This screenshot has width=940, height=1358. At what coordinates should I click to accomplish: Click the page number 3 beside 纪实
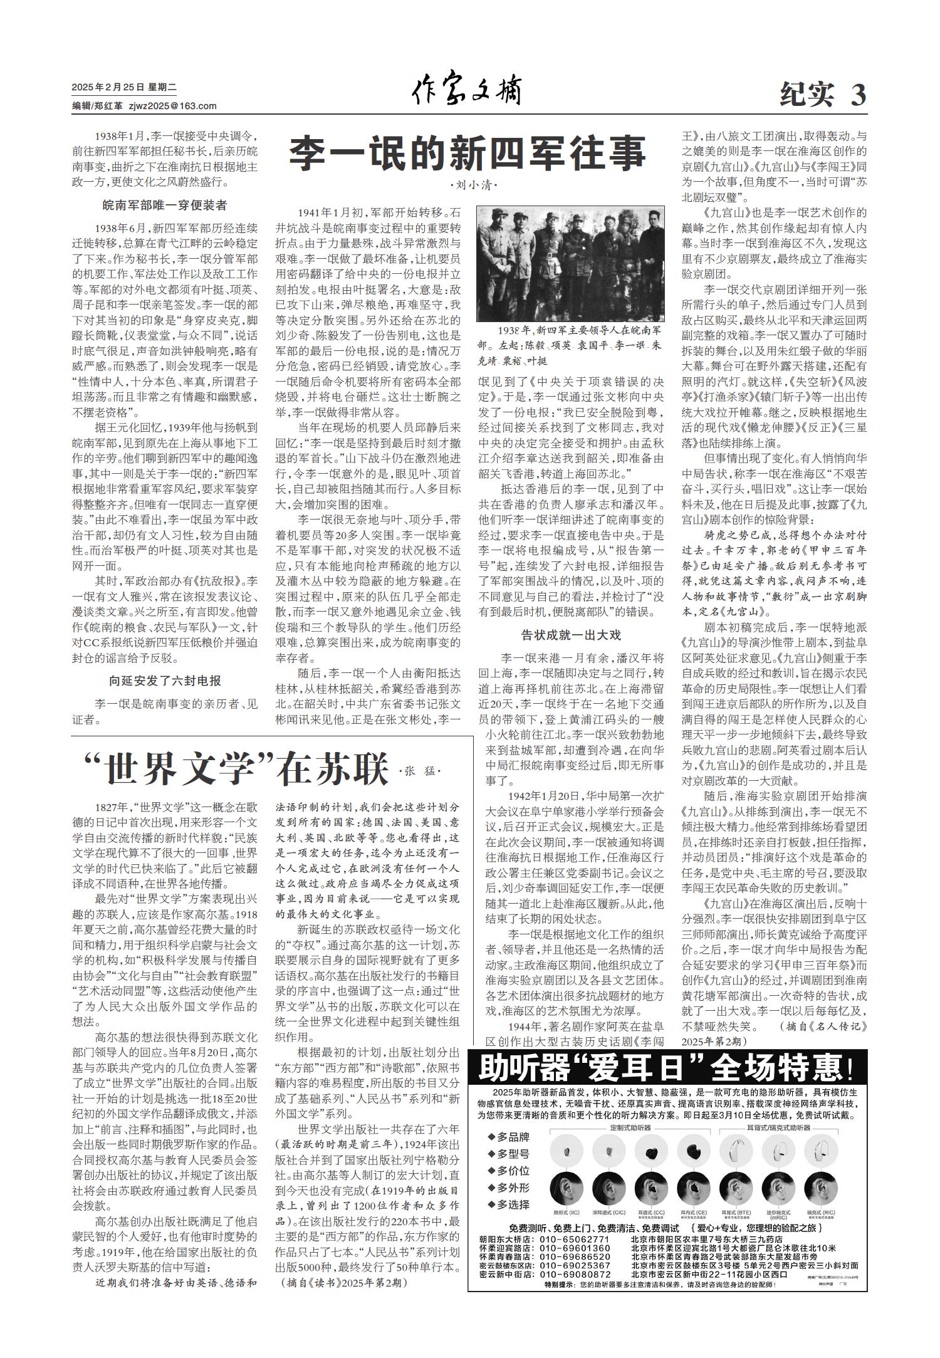[858, 95]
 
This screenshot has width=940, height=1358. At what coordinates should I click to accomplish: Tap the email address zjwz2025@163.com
[172, 107]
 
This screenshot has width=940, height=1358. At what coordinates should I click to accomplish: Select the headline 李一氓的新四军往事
[466, 154]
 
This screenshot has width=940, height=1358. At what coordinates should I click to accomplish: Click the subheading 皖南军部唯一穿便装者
[164, 205]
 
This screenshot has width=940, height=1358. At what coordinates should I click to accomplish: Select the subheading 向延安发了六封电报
[164, 681]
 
